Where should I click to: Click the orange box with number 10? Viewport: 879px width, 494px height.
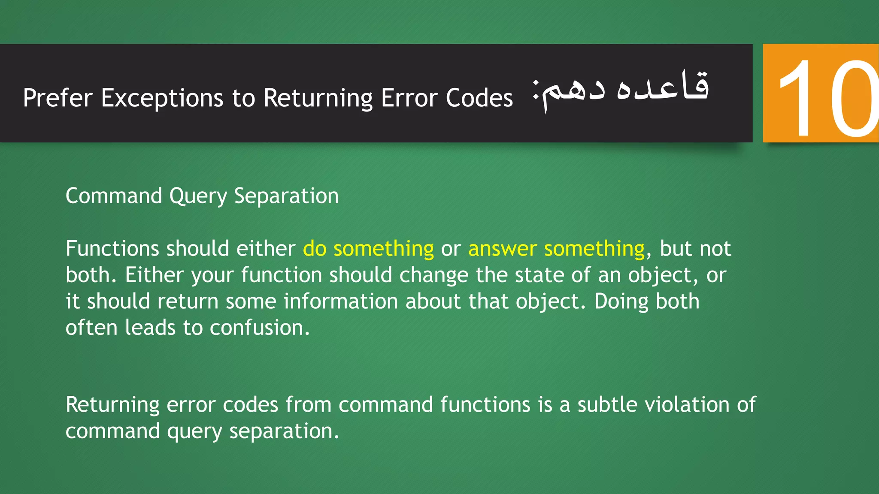(821, 93)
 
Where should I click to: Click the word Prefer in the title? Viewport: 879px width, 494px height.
(58, 98)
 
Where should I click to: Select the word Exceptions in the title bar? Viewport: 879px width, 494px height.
(162, 98)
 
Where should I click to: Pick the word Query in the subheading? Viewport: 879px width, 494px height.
(198, 196)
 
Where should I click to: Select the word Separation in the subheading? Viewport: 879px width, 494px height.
(286, 196)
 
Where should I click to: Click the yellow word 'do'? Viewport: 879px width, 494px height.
(315, 249)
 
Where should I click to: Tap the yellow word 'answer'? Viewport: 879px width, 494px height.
(503, 249)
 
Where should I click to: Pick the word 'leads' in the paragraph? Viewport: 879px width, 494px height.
(150, 328)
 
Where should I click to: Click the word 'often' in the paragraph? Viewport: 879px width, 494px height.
(91, 328)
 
